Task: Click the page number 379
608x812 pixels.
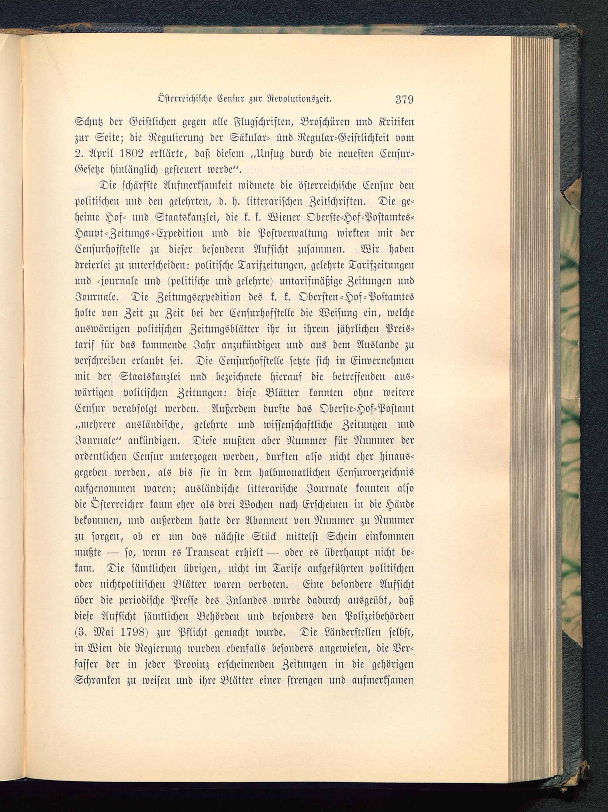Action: (404, 99)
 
